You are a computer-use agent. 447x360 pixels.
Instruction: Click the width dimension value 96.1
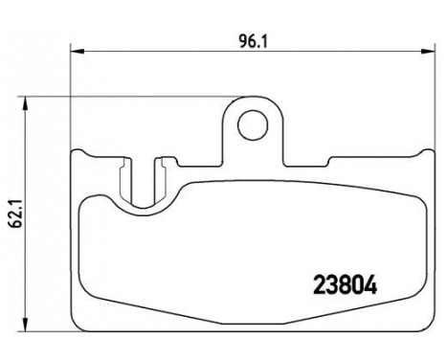point(253,41)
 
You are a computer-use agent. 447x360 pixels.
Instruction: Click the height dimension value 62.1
point(15,213)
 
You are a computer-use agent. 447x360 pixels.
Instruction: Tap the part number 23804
point(346,285)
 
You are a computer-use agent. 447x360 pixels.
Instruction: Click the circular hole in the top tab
point(253,125)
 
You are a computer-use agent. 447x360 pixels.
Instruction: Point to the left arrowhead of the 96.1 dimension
point(77,52)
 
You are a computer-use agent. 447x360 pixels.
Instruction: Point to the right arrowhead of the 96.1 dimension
point(428,52)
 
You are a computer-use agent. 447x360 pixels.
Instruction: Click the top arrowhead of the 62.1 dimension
point(25,104)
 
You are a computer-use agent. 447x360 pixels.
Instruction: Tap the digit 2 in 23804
point(320,285)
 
